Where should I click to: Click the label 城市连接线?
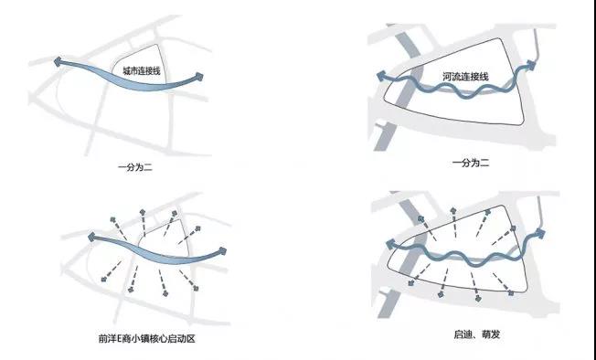pyautogui.click(x=142, y=70)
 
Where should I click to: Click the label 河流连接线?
pyautogui.click(x=465, y=77)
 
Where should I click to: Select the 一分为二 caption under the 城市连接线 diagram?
pyautogui.click(x=135, y=167)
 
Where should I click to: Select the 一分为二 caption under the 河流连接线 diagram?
pyautogui.click(x=471, y=164)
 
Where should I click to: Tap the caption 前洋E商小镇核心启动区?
pyautogui.click(x=147, y=338)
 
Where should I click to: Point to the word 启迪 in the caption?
pyautogui.click(x=463, y=334)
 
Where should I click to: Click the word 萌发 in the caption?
pyautogui.click(x=491, y=334)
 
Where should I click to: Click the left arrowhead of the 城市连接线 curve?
pyautogui.click(x=58, y=61)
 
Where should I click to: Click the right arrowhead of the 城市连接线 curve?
pyautogui.click(x=198, y=77)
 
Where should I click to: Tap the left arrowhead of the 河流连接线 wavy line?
pyautogui.click(x=380, y=76)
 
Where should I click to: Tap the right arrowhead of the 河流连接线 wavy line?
pyautogui.click(x=530, y=65)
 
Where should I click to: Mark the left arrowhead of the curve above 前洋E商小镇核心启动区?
pyautogui.click(x=91, y=237)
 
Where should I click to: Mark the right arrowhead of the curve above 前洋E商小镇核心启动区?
pyautogui.click(x=222, y=251)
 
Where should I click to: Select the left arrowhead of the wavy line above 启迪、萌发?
pyautogui.click(x=390, y=245)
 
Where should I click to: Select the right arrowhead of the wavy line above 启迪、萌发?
pyautogui.click(x=540, y=234)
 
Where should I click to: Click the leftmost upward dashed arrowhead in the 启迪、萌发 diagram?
pyautogui.click(x=420, y=218)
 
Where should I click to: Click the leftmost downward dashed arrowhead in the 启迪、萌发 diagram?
pyautogui.click(x=410, y=283)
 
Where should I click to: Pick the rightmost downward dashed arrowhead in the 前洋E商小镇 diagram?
pyautogui.click(x=196, y=289)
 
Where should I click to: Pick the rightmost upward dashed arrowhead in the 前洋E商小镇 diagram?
pyautogui.click(x=198, y=228)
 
